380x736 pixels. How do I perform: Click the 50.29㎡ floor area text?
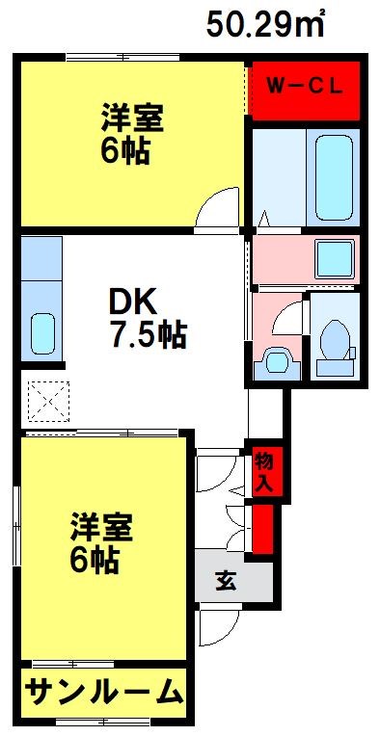click(264, 24)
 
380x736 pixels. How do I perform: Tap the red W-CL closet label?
click(305, 87)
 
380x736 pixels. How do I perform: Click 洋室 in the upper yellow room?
click(133, 118)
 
